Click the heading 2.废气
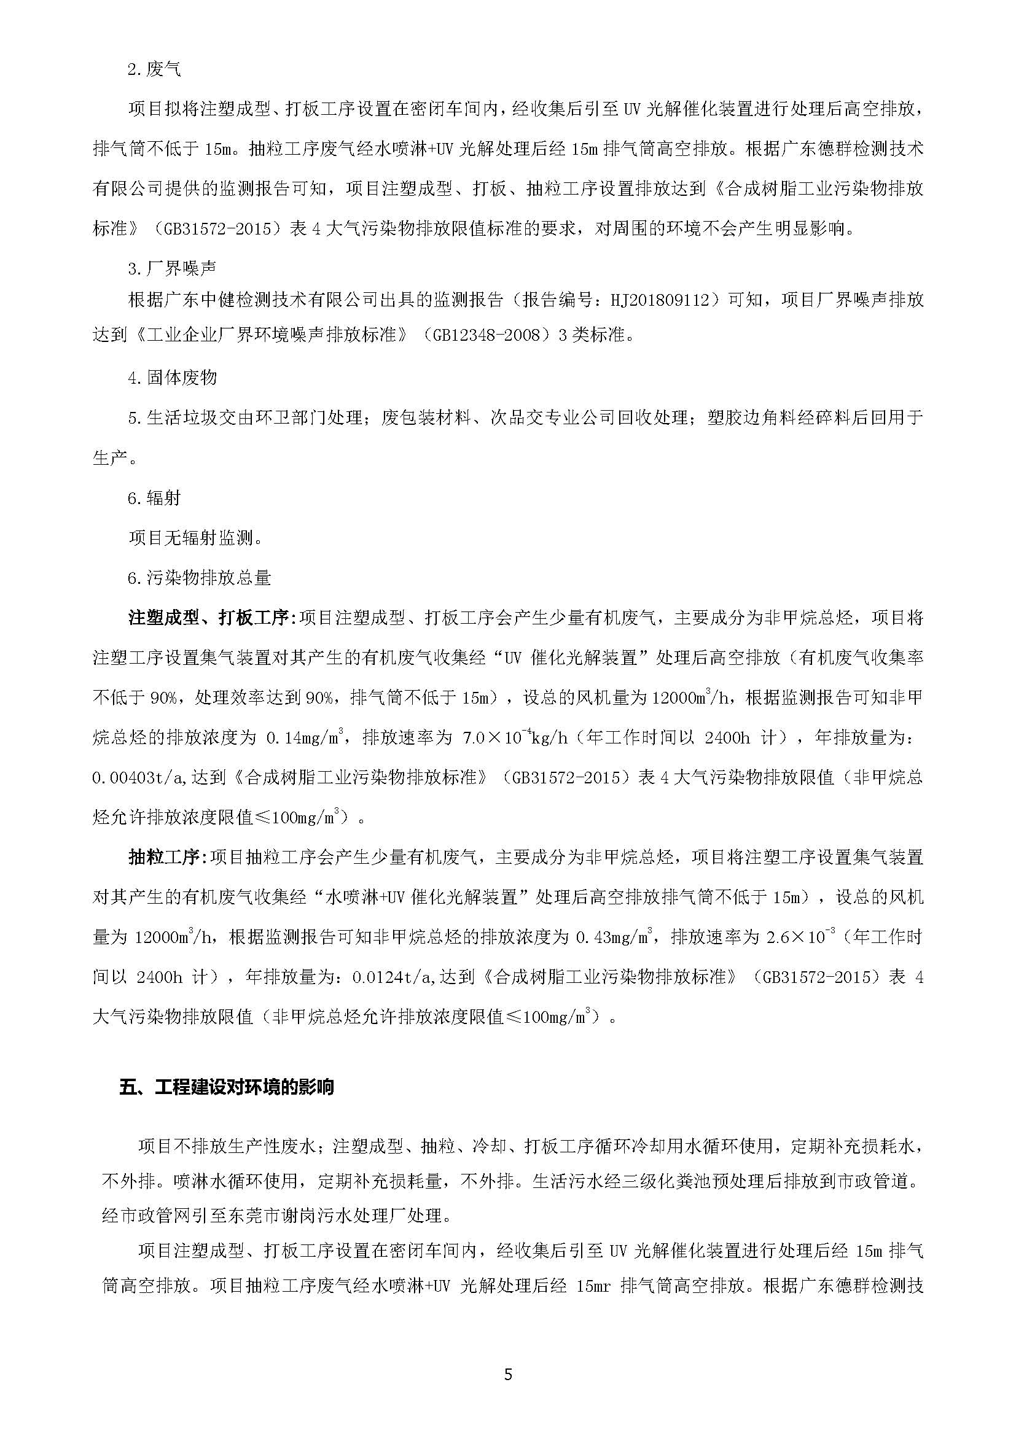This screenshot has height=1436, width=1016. pyautogui.click(x=155, y=69)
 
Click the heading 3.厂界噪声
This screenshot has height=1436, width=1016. pyautogui.click(x=172, y=269)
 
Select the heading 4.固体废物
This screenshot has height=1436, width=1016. pyautogui.click(x=172, y=377)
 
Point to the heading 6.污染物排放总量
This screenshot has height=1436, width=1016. pyautogui.click(x=199, y=577)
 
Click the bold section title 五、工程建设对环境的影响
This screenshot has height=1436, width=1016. pyautogui.click(x=227, y=1104)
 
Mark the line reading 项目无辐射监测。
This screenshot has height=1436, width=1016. pyautogui.click(x=195, y=537)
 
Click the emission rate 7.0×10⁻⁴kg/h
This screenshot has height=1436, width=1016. pyautogui.click(x=514, y=738)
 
